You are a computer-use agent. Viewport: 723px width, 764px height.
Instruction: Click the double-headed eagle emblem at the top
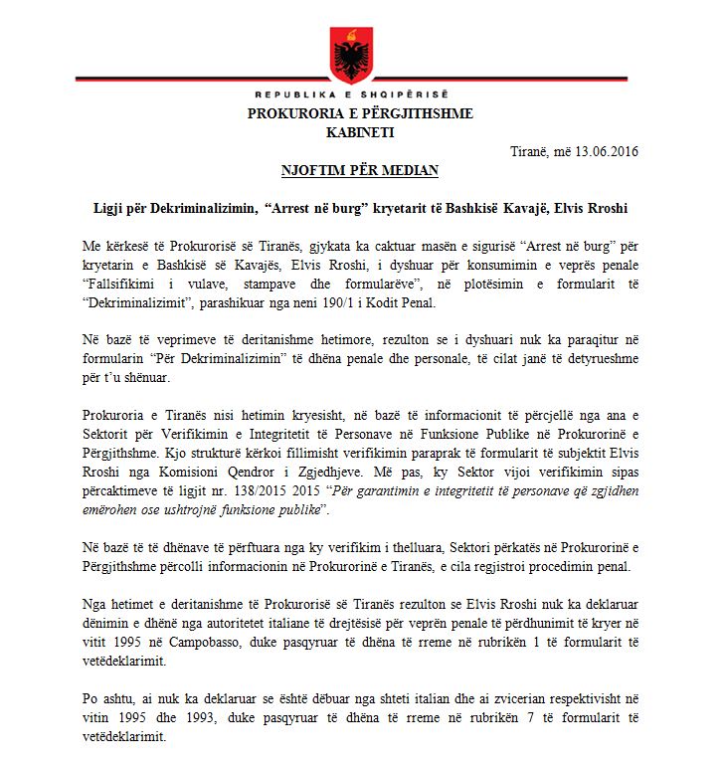[x=360, y=56]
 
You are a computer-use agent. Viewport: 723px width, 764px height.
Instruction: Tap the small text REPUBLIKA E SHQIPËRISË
[x=360, y=97]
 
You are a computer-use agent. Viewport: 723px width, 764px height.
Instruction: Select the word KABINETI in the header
[x=360, y=131]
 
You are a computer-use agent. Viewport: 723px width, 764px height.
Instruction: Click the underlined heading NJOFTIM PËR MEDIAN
[x=360, y=170]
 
